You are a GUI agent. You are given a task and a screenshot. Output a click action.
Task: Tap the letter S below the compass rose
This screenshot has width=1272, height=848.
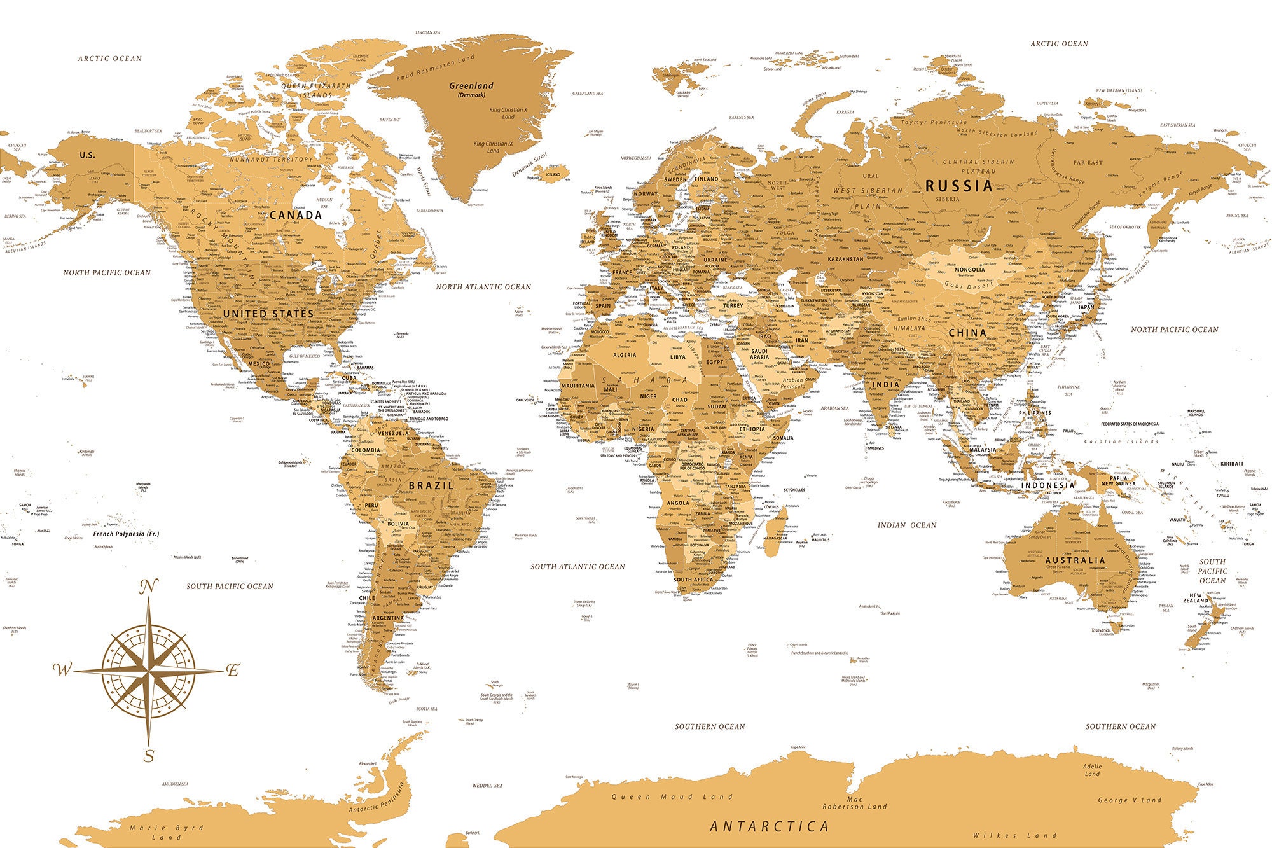149,756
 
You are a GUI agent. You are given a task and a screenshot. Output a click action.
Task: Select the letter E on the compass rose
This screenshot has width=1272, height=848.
233,670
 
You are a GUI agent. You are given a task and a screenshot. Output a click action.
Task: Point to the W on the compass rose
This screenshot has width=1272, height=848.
62,669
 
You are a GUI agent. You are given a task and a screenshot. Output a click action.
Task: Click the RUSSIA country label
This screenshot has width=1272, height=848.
958,186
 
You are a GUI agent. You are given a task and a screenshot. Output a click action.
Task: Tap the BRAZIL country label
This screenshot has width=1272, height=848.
431,485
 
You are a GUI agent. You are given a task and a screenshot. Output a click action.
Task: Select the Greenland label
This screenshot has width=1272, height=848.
471,86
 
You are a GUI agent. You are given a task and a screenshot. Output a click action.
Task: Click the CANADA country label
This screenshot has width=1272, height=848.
296,215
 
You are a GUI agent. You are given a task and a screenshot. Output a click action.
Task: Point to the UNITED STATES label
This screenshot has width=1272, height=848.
268,314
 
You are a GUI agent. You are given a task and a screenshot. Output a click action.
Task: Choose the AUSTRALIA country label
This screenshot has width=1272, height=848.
1075,560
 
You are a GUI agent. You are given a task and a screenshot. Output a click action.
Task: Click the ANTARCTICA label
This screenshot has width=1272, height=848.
770,826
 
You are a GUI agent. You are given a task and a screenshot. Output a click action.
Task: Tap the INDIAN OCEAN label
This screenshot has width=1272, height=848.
907,525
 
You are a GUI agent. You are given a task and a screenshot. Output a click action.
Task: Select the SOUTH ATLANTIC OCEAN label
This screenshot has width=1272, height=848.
577,567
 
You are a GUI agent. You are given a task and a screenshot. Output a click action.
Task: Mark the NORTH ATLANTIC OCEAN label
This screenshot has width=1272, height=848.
483,287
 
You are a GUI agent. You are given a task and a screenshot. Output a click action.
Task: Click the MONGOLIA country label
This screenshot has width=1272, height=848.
969,270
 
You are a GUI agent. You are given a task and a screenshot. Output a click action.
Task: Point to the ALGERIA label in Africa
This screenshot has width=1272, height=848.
624,355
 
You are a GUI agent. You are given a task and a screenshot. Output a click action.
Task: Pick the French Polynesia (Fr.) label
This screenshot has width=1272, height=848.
126,534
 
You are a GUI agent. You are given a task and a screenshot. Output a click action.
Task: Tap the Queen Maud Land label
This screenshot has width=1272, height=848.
672,796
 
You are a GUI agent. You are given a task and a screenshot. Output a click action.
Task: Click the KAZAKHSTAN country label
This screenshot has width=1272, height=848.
845,260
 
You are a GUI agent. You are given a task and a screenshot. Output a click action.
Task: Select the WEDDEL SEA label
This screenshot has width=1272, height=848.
487,786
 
